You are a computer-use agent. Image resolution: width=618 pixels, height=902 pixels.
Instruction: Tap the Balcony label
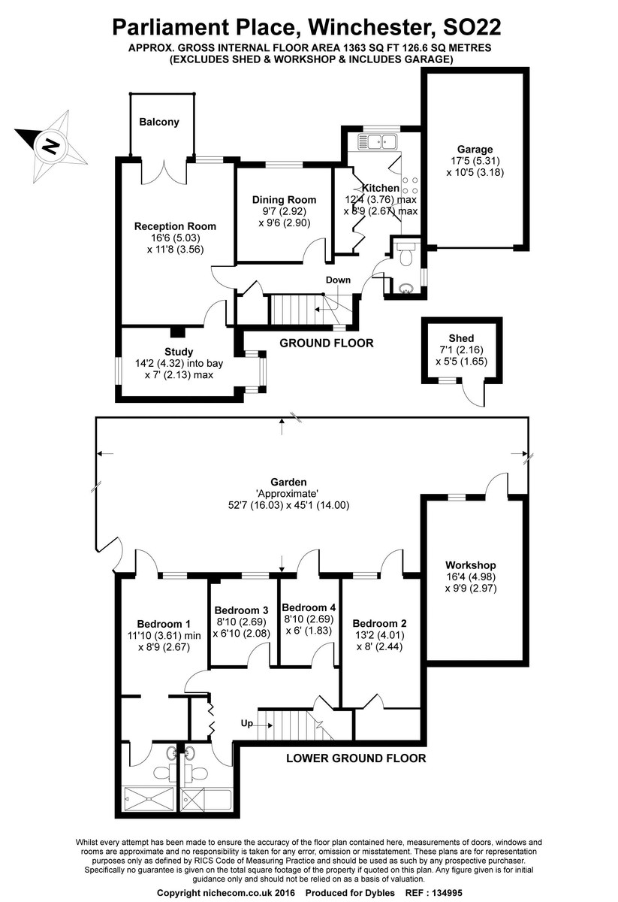159,122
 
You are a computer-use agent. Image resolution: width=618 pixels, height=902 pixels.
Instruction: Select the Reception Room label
175,226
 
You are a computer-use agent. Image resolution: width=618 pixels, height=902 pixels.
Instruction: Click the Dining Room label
284,200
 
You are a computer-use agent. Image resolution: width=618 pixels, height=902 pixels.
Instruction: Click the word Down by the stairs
338,280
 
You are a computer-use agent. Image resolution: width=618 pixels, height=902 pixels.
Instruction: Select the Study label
179,352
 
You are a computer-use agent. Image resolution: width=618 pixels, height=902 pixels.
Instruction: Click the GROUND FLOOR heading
327,344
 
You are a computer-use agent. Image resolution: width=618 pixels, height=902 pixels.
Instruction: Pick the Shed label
461,338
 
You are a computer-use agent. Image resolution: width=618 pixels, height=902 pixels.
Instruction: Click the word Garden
289,483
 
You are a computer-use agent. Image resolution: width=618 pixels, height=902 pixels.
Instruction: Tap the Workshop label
471,565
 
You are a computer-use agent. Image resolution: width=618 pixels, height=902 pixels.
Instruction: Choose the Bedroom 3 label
241,610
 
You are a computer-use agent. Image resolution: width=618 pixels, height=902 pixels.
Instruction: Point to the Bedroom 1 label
164,624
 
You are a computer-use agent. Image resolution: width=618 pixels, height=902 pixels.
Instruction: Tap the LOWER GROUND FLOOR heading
356,758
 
